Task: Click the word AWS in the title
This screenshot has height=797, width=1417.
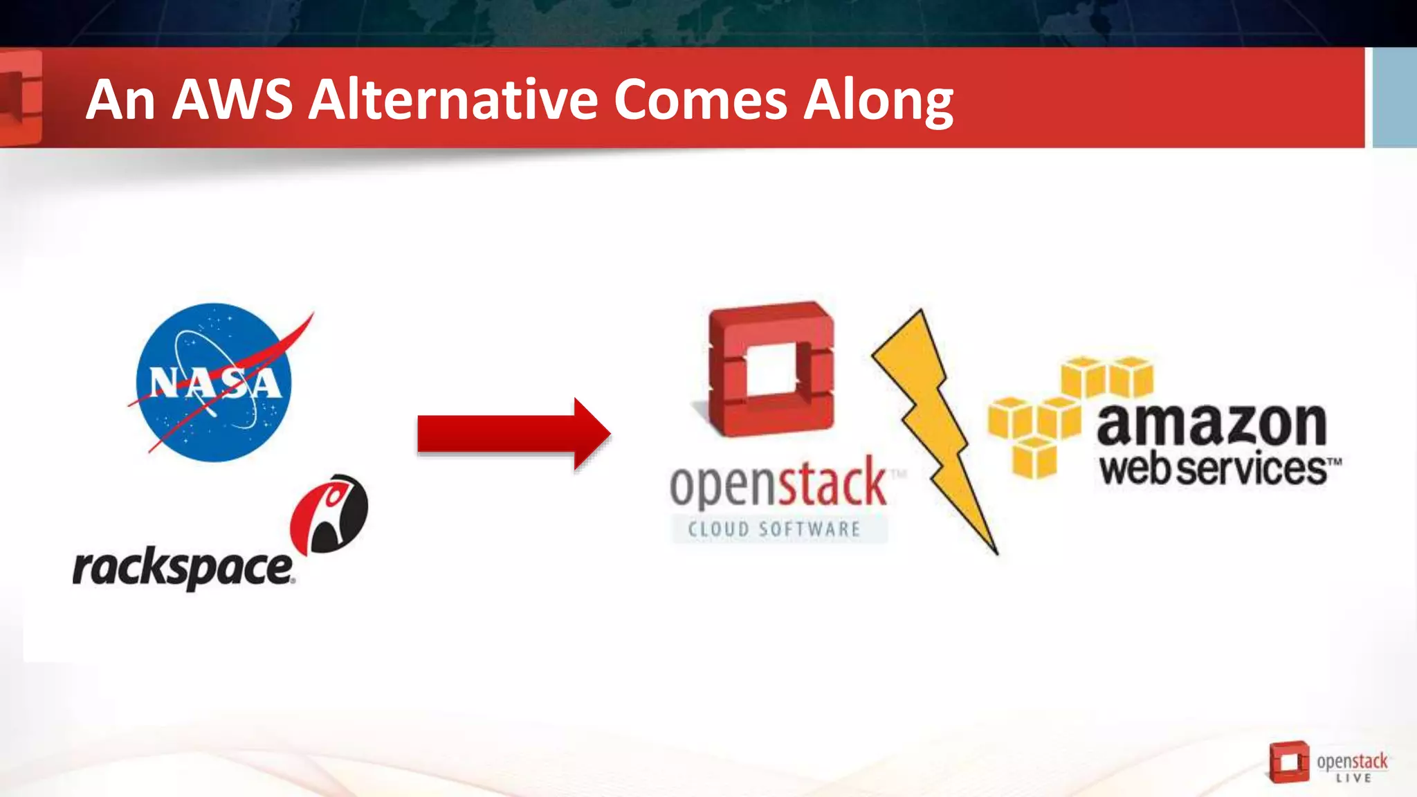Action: (232, 100)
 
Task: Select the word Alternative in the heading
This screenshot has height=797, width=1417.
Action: (453, 100)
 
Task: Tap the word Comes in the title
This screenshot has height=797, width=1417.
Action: (700, 100)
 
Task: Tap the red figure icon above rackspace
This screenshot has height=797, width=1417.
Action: (330, 513)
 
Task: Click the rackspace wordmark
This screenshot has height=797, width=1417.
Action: (183, 569)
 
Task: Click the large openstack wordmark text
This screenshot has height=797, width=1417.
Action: (778, 484)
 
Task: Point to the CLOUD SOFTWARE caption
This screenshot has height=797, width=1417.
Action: (775, 529)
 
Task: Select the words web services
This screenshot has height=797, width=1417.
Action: (1214, 469)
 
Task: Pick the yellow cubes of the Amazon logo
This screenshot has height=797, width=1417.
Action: (1059, 415)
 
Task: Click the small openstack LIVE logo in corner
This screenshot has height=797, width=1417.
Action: (1328, 762)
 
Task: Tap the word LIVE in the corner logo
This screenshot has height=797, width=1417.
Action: (1353, 778)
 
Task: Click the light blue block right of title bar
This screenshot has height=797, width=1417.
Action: (1394, 97)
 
